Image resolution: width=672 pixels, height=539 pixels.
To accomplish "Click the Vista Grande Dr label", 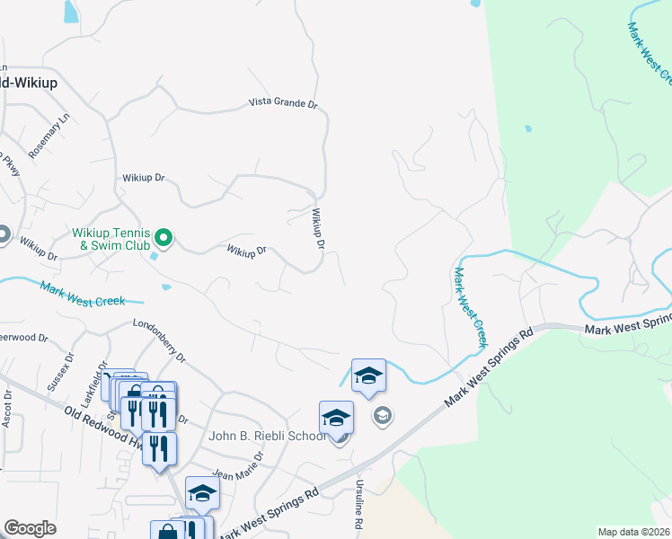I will click(283, 104).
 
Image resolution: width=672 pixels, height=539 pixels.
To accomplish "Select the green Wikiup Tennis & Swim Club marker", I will click(164, 238).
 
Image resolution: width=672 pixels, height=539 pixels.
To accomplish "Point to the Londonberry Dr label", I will click(158, 342).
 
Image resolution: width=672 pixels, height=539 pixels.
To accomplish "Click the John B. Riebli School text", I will click(267, 437).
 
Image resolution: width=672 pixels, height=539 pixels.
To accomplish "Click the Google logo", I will click(30, 528).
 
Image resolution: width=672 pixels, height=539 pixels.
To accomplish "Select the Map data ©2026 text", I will click(633, 532).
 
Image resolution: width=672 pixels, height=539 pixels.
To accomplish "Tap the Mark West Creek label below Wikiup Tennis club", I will click(82, 294).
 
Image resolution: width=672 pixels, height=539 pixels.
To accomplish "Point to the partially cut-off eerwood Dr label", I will click(22, 338).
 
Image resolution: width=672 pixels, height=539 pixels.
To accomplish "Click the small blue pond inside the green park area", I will click(528, 128).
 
